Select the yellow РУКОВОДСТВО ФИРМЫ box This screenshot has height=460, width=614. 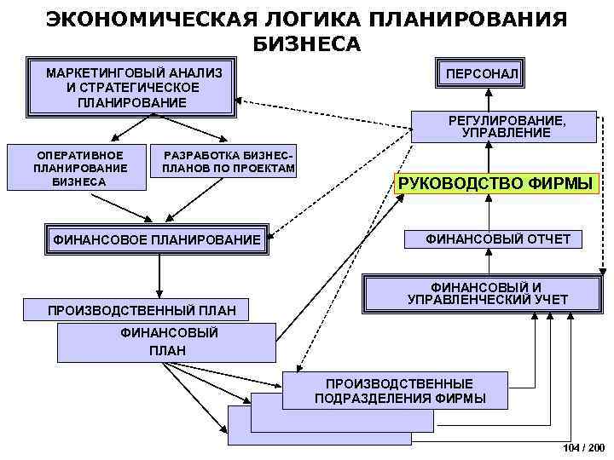(x=495, y=183)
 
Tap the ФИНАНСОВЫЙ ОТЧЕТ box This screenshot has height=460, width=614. (x=498, y=239)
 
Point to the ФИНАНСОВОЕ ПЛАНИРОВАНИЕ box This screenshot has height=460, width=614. (x=159, y=241)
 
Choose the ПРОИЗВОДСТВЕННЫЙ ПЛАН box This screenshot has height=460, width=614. (x=142, y=308)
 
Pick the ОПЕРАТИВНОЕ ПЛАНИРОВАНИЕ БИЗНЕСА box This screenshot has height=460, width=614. (x=78, y=168)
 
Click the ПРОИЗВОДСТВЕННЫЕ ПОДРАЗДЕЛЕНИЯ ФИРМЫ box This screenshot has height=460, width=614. (x=399, y=391)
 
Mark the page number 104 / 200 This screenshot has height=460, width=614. (x=584, y=447)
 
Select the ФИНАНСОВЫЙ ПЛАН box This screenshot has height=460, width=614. (x=166, y=342)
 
